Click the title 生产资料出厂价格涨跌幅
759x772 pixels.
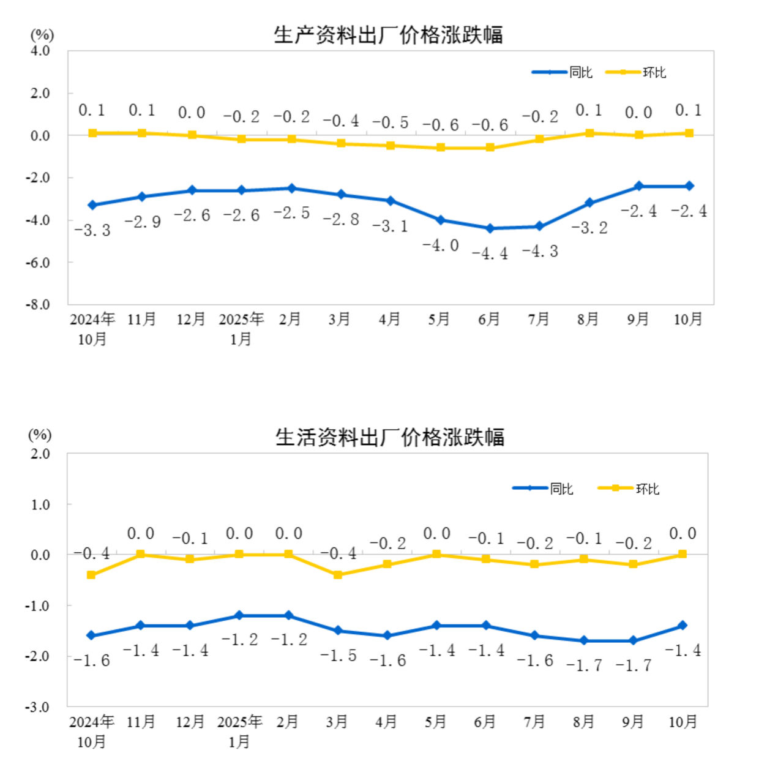tap(388, 35)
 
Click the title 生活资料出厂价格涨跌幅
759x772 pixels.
tap(389, 437)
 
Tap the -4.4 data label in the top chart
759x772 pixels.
tap(490, 253)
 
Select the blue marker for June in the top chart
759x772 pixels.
tap(490, 228)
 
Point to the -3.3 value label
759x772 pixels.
tap(92, 230)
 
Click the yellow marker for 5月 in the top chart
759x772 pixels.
tap(441, 148)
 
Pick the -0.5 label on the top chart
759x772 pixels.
tap(391, 122)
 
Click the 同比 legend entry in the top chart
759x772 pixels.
tap(562, 72)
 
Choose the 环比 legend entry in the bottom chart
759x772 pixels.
tap(629, 489)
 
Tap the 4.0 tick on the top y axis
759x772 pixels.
tap(40, 51)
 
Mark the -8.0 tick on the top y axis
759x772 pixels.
tap(38, 304)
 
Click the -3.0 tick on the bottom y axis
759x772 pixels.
tap(37, 707)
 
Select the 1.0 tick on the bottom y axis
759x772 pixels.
tap(40, 504)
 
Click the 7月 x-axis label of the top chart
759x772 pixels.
tap(539, 319)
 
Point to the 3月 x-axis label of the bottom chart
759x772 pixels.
tap(337, 722)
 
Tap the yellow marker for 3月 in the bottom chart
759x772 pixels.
tap(338, 574)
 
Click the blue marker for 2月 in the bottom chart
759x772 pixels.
tap(288, 615)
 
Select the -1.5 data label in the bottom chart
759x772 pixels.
tap(338, 656)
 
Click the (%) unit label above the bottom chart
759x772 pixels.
tap(40, 435)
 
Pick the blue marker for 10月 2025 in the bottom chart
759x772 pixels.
tap(682, 625)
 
